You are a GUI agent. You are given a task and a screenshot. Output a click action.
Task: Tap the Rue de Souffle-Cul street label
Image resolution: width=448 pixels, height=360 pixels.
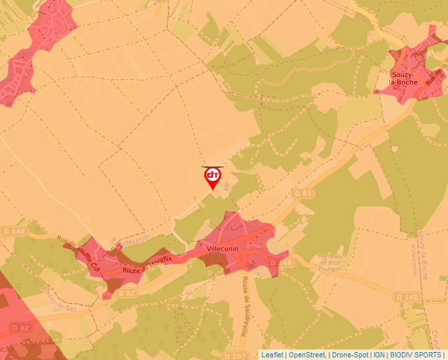pyautogui.click(x=78, y=254)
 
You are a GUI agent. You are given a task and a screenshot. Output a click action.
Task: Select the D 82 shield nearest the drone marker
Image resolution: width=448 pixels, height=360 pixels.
pyautogui.click(x=303, y=193)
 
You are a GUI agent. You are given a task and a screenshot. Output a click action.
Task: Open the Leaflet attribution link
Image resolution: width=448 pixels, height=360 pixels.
pyautogui.click(x=272, y=355)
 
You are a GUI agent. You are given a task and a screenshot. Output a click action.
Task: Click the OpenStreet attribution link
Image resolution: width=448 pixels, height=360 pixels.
pyautogui.click(x=307, y=355)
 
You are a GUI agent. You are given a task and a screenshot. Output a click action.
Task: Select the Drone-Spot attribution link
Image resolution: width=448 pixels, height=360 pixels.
pyautogui.click(x=350, y=355)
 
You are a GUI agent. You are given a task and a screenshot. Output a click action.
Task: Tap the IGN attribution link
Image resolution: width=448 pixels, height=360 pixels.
pyautogui.click(x=379, y=355)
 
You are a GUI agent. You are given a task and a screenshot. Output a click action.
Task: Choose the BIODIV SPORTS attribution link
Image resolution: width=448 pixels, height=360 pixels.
pyautogui.click(x=416, y=355)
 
